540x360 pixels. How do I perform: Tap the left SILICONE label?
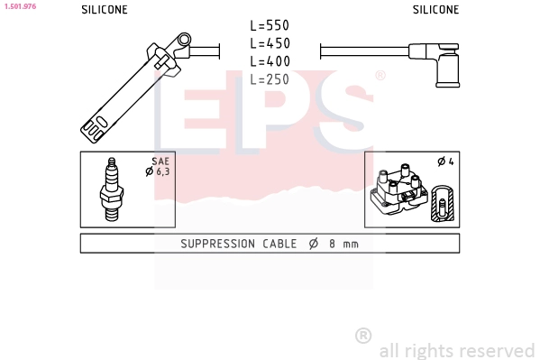pos(105,10)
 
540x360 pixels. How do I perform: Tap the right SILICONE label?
pos(435,10)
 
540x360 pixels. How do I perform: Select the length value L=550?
pos(270,26)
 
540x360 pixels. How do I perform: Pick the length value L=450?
pos(270,43)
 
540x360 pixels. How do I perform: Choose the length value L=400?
pos(270,61)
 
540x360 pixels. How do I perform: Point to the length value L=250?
pos(270,79)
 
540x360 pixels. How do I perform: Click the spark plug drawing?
pos(113,189)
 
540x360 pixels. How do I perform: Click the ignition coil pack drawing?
pos(397,189)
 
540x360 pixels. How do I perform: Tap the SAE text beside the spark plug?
pos(160,161)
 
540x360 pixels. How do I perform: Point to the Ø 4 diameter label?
pos(444,162)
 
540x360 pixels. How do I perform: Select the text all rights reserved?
pos(456,350)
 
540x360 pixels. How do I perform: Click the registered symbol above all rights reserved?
pos(362,336)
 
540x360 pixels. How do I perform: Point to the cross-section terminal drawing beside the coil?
pos(441,204)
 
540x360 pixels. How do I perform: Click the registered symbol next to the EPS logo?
pos(380,76)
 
